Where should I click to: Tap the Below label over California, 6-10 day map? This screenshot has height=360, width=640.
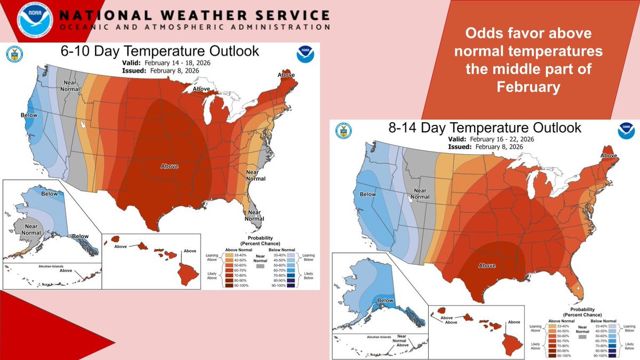pos(28,115)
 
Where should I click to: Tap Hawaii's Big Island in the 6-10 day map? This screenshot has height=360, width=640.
pos(186,273)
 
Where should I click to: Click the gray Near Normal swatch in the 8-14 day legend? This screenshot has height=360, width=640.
pos(584,337)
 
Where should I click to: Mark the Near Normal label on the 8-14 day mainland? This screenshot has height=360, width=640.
pos(420,193)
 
